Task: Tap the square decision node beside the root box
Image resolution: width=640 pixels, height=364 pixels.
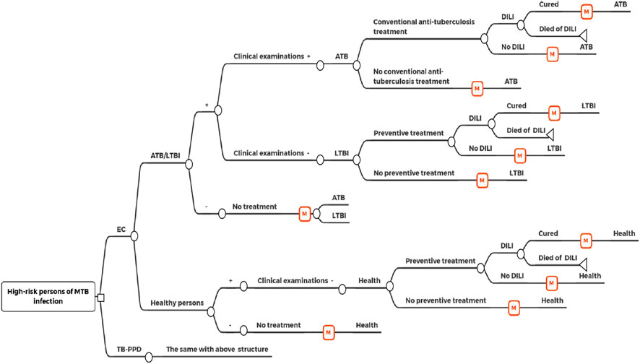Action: pos(102,298)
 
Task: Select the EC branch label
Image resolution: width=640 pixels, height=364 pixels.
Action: pos(121,230)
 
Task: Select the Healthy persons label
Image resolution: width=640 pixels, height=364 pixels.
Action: pos(177,303)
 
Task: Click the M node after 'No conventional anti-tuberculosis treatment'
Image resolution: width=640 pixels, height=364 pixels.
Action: pos(476,87)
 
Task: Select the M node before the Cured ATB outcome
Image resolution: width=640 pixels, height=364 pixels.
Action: pos(586,11)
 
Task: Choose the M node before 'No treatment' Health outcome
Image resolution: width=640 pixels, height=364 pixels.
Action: pos(329,332)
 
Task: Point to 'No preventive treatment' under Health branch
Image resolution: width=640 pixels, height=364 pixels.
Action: pos(446,300)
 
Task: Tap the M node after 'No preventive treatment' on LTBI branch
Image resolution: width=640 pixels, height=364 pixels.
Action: pos(481,179)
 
